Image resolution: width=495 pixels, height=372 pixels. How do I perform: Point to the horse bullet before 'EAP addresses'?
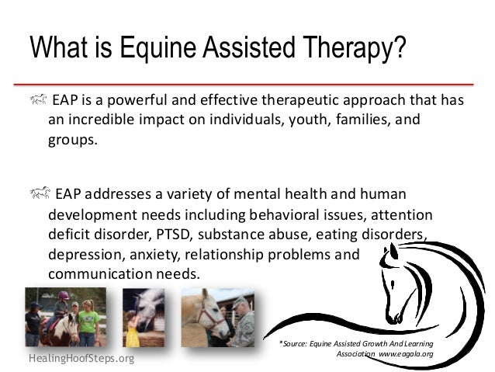(x=40, y=192)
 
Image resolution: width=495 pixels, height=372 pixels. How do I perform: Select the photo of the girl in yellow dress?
(x=144, y=317)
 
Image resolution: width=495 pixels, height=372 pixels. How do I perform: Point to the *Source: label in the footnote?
(x=297, y=342)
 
